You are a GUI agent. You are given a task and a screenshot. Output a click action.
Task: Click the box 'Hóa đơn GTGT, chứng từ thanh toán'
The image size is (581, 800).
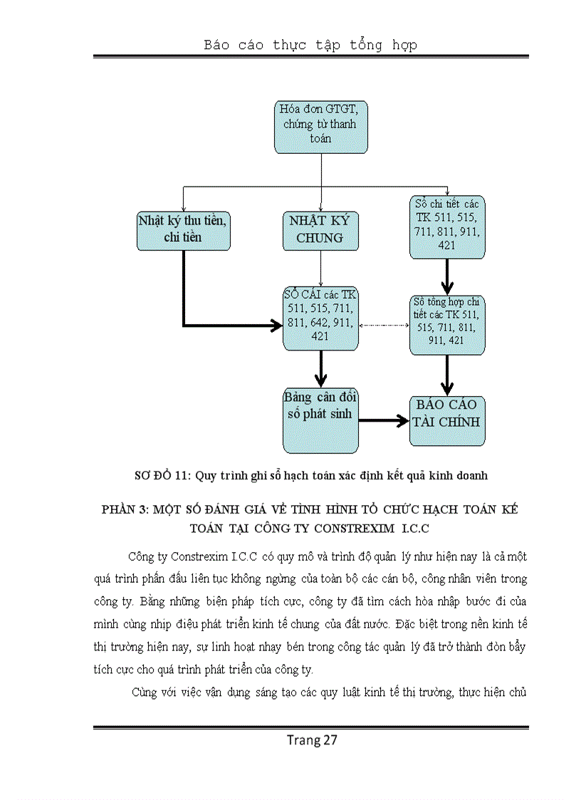point(321,127)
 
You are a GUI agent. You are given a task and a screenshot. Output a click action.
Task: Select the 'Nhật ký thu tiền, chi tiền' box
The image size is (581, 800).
point(184,229)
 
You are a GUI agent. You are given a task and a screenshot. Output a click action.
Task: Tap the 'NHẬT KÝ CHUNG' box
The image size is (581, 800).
point(320,229)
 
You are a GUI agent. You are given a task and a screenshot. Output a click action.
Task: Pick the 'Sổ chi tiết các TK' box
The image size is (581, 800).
point(447,227)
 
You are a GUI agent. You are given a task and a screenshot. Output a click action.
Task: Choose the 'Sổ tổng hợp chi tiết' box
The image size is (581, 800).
point(447,325)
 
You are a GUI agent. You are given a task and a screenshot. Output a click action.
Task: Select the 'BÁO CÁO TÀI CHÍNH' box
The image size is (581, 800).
point(447,420)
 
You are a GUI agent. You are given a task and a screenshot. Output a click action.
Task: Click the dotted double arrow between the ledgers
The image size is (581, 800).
point(384,326)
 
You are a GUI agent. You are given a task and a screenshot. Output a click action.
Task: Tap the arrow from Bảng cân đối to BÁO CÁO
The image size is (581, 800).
point(383,421)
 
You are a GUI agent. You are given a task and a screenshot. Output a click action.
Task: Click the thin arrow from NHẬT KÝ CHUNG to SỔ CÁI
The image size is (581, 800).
point(321,267)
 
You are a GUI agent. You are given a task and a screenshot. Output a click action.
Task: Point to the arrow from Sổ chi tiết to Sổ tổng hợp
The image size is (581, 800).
point(447,276)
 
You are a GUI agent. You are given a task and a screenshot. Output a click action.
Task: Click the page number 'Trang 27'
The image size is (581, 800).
point(312,739)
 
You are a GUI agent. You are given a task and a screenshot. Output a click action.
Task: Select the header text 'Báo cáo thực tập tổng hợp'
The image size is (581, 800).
point(310,45)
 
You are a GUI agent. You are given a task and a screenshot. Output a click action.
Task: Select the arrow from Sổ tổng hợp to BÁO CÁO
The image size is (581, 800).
point(447,375)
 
